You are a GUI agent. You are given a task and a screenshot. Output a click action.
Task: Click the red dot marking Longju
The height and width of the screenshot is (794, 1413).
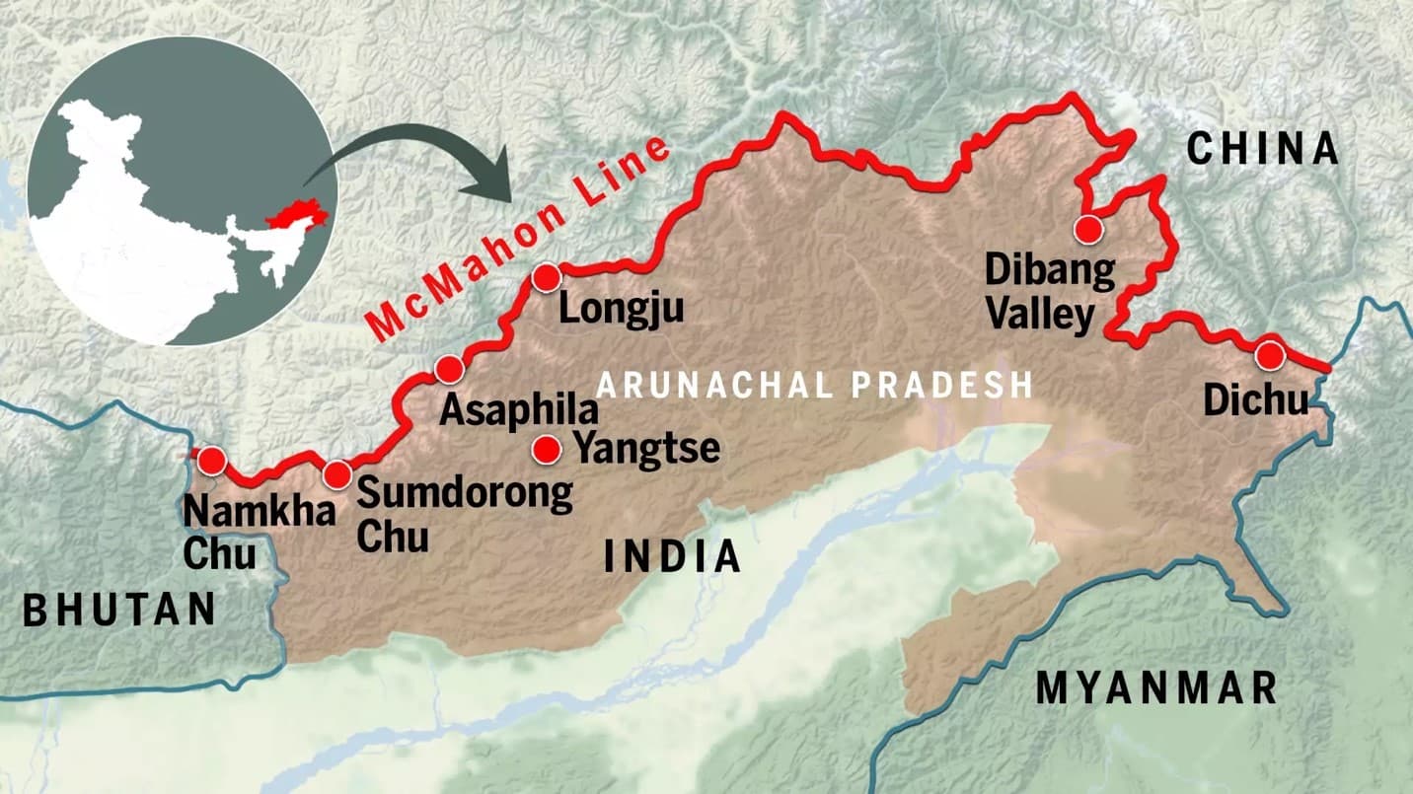pos(546,279)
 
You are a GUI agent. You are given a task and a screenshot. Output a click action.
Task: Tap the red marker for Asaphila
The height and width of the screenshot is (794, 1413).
pos(449,370)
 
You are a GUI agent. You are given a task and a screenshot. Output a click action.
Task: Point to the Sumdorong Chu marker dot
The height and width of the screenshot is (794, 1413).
pos(336,475)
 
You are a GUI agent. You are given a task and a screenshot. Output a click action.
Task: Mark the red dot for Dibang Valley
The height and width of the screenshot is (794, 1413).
pos(1087,230)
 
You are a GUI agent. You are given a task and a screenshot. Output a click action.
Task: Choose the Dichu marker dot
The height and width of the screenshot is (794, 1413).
pos(1268,355)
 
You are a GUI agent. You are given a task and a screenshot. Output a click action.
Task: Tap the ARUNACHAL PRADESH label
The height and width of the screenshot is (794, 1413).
pos(814,385)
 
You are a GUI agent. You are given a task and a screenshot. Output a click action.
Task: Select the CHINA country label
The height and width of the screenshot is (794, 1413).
pos(1262,150)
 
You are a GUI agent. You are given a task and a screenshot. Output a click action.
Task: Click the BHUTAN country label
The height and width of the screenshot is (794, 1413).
pos(119,610)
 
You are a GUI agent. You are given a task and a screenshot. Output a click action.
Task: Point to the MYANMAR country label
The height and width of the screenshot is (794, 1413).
pos(1156,686)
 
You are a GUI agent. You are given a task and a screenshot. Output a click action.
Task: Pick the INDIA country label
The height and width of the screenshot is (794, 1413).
pos(672,557)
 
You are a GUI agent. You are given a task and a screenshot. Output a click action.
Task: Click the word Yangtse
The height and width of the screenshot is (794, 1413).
pos(646,450)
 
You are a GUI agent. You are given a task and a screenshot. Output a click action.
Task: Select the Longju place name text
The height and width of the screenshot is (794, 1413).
pos(621,310)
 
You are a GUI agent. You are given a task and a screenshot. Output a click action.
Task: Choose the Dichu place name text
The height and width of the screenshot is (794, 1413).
pos(1256,400)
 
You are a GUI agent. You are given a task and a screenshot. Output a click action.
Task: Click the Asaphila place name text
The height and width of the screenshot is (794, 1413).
pos(518,409)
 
